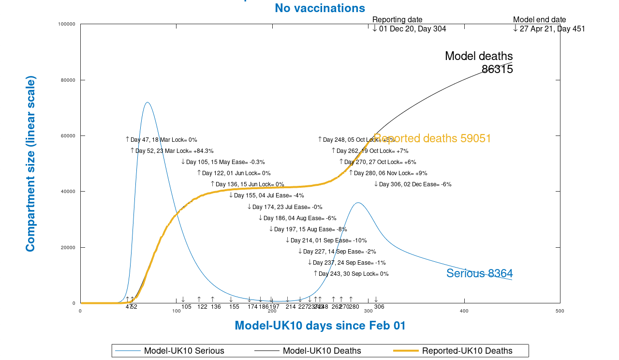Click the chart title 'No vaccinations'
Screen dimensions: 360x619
320,8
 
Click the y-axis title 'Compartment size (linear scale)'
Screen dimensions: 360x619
30,164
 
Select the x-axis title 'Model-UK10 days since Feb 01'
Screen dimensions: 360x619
320,326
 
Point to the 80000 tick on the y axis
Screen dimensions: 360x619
67,80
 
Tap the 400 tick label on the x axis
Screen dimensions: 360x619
464,311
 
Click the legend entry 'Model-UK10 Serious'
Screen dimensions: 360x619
184,351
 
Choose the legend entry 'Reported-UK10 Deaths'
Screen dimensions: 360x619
467,351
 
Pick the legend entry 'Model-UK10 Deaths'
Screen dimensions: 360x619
322,351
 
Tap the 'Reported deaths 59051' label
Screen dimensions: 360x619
433,139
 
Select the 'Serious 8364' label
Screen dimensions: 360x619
479,273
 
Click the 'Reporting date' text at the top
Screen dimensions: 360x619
397,20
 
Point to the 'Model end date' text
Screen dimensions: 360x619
539,20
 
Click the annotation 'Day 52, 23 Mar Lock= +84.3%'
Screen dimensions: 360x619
174,151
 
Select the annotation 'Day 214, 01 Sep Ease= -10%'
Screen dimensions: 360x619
328,240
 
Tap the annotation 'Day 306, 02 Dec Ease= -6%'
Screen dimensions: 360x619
415,184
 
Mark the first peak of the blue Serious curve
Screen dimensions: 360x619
147,103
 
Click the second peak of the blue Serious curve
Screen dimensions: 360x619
357,203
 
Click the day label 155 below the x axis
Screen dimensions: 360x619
234,307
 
